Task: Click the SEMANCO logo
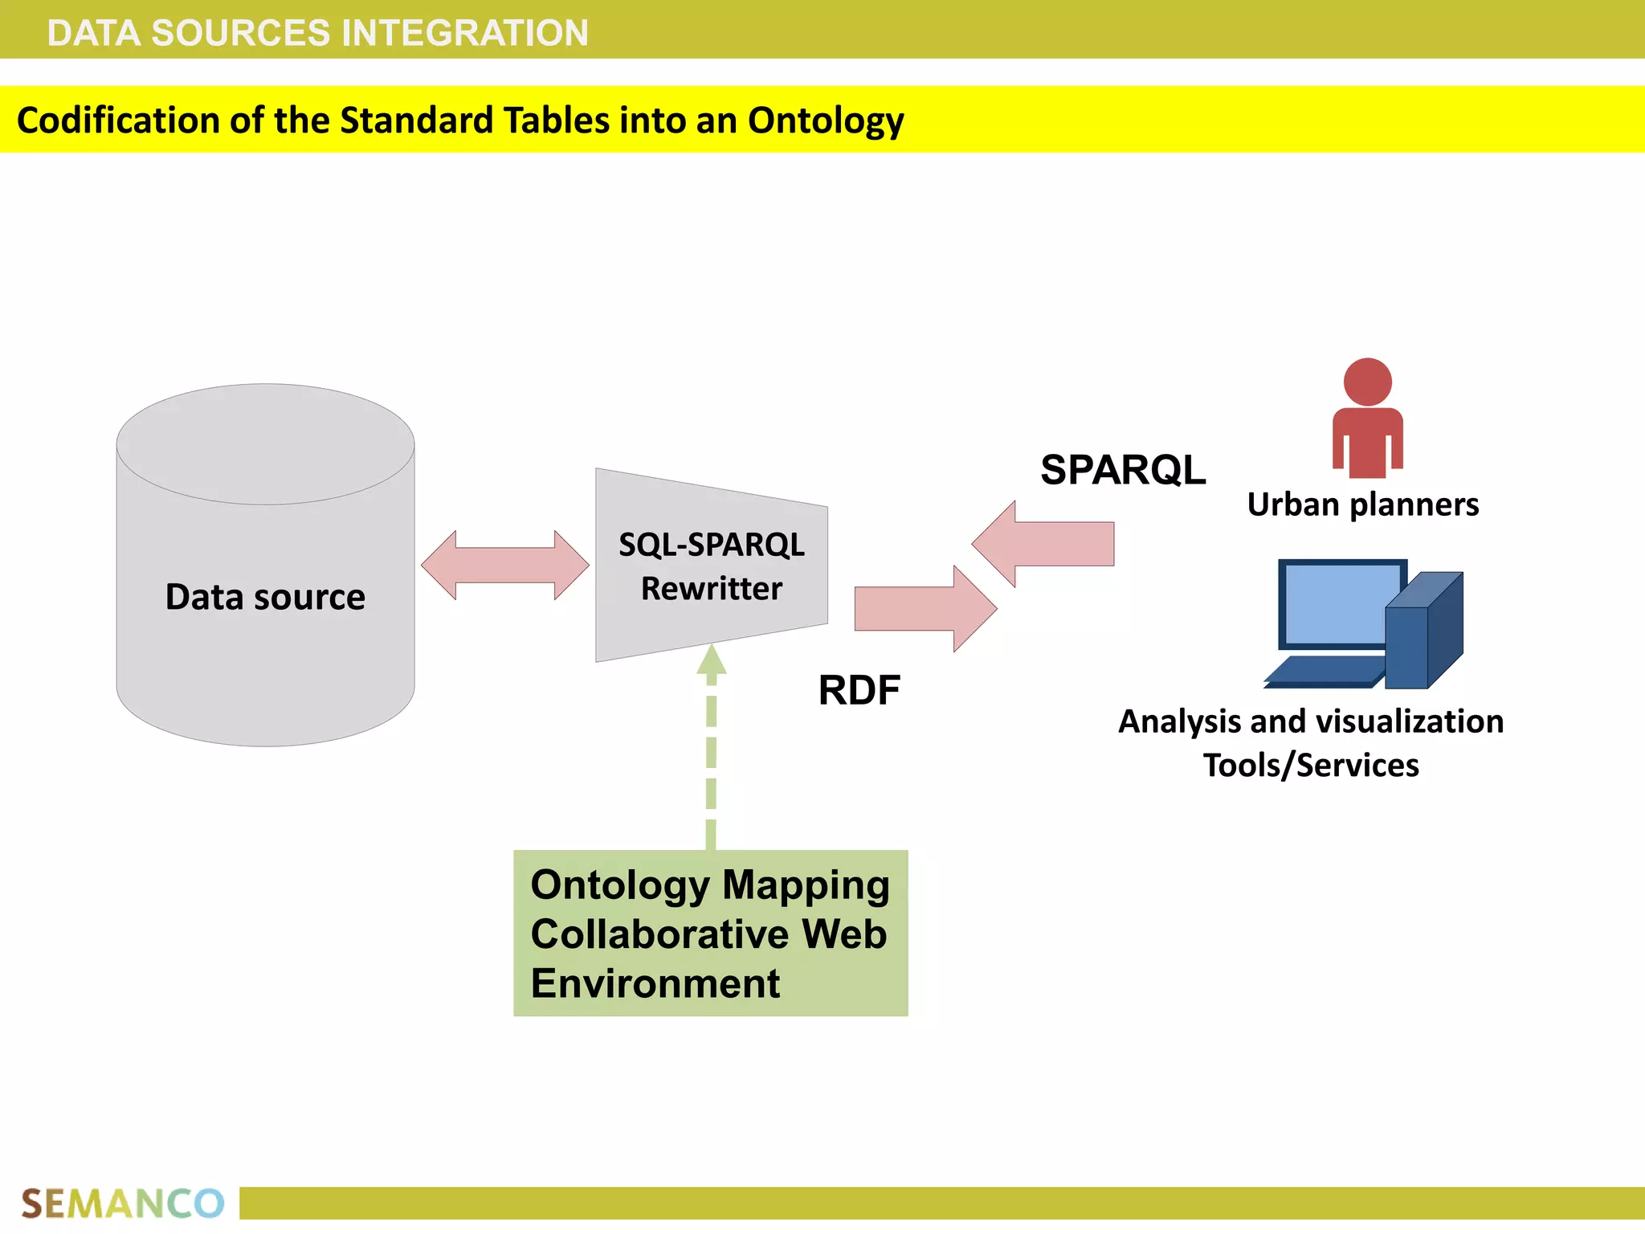(x=122, y=1203)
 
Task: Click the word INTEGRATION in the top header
(x=465, y=33)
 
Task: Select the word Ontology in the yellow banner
(x=825, y=121)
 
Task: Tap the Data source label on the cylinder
(x=265, y=597)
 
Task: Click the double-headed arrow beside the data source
(x=504, y=565)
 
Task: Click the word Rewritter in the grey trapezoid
(x=711, y=589)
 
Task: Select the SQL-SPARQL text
(x=711, y=545)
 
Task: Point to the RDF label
(x=859, y=690)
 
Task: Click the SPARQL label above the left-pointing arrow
(x=1122, y=470)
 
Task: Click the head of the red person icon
(x=1367, y=382)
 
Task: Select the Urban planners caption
(x=1362, y=505)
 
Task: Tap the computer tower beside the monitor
(x=1423, y=635)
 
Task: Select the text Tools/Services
(x=1310, y=765)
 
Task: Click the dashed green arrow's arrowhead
(x=712, y=660)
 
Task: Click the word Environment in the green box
(x=655, y=983)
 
